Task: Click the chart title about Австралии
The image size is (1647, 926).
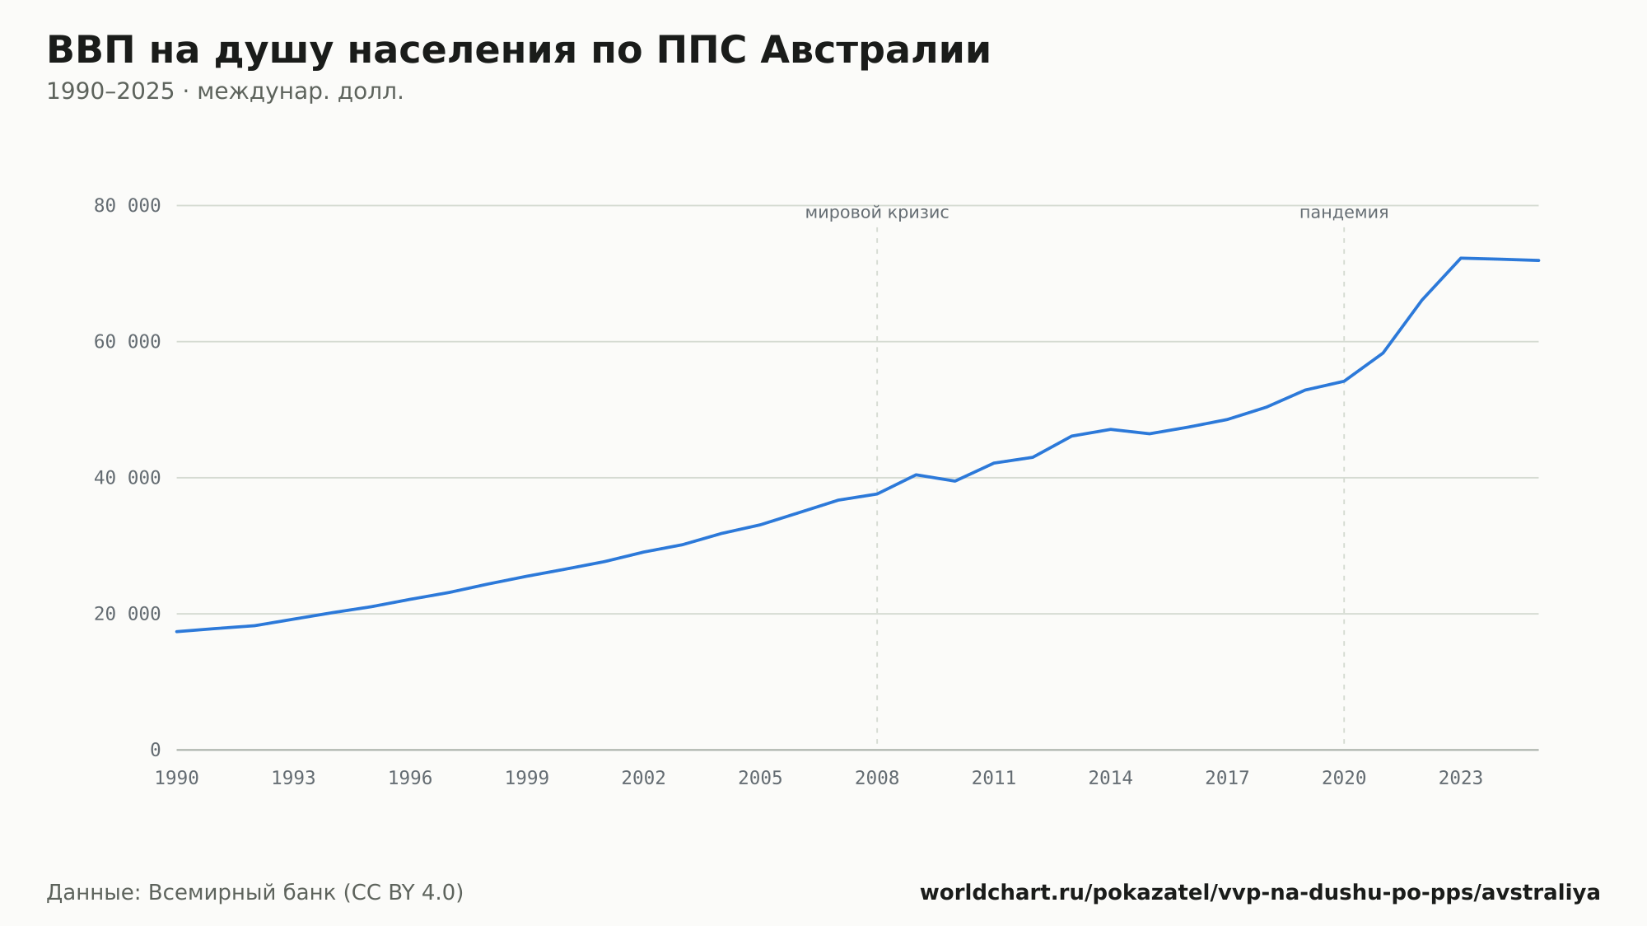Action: pyautogui.click(x=518, y=51)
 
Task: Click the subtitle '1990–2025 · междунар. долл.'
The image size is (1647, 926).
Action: pyautogui.click(x=225, y=91)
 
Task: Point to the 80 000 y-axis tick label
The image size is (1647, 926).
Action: pyautogui.click(x=127, y=206)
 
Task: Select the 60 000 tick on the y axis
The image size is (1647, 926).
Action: pyautogui.click(x=127, y=342)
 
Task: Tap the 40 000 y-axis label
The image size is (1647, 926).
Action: pyautogui.click(x=127, y=478)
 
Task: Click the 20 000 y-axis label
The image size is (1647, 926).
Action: pyautogui.click(x=127, y=614)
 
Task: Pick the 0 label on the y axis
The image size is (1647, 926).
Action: pyautogui.click(x=155, y=750)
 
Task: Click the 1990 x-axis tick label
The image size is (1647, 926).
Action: pyautogui.click(x=177, y=779)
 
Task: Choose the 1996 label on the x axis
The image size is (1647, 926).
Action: pyautogui.click(x=410, y=779)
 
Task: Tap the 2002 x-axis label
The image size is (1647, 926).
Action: pyautogui.click(x=644, y=779)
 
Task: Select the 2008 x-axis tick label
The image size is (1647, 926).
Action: pyautogui.click(x=877, y=779)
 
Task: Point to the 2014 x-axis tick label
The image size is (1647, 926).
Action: pyautogui.click(x=1111, y=779)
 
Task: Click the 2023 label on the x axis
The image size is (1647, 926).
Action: pyautogui.click(x=1461, y=779)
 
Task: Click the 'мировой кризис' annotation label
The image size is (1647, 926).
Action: pyautogui.click(x=877, y=213)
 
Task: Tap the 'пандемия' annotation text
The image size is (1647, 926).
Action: pyautogui.click(x=1344, y=213)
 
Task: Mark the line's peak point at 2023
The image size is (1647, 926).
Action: pyautogui.click(x=1461, y=258)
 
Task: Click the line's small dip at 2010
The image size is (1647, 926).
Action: pyautogui.click(x=955, y=481)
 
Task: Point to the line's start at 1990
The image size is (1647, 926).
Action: pyautogui.click(x=177, y=632)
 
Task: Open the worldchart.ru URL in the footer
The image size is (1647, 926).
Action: pyautogui.click(x=1260, y=893)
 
